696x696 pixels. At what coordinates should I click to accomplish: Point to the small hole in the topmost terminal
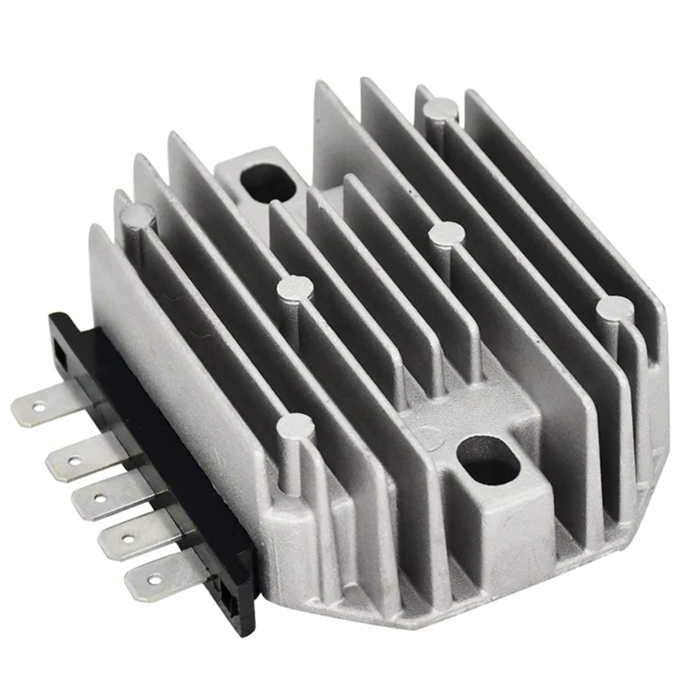tap(38, 405)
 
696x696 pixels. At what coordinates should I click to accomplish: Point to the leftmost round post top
tap(139, 211)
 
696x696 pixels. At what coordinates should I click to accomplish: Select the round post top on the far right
tap(614, 306)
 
